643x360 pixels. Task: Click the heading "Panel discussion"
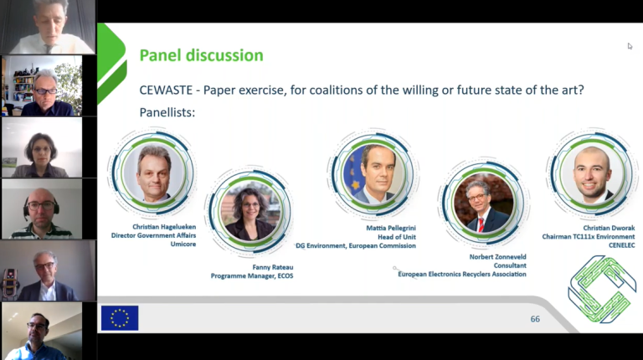[201, 55]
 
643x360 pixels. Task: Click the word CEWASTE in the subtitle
[166, 90]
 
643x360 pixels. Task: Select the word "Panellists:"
[167, 112]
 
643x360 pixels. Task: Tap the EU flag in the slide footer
[120, 318]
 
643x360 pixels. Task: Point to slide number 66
[535, 319]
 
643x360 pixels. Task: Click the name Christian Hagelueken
[164, 227]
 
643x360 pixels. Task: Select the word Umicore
[183, 244]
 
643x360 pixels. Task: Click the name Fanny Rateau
[273, 267]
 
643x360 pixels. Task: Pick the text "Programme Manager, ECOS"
[252, 276]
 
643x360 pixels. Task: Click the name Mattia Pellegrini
[391, 228]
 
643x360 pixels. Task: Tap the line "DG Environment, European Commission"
[356, 245]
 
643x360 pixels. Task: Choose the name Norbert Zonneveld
[497, 257]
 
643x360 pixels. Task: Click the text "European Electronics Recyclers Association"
[462, 274]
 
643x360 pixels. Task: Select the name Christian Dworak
[609, 228]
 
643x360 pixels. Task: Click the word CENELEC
[622, 245]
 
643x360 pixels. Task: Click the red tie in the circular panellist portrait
[481, 224]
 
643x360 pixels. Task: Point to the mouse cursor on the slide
[630, 46]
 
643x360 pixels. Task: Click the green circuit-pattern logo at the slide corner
[602, 289]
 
